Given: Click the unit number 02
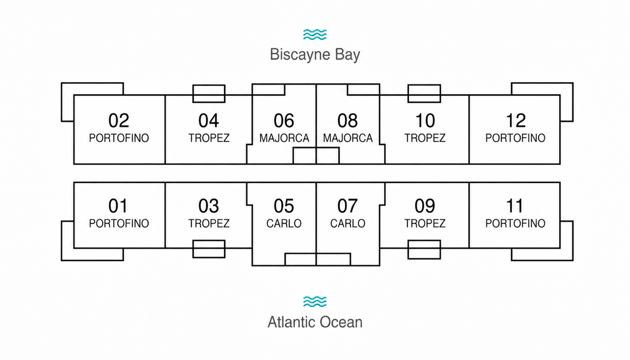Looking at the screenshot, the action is coord(119,121).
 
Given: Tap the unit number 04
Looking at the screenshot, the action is coord(209,121).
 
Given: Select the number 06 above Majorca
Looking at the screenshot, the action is coord(284,121).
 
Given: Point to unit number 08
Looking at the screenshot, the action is coord(347,121).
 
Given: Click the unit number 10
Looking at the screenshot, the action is coord(425,121).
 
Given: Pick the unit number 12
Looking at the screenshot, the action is coord(515,121).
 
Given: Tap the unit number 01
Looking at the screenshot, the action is coord(118,206).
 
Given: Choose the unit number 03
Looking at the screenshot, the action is coord(209,206).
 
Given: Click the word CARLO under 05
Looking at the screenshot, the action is coord(284,224).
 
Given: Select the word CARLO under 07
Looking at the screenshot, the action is coord(347,224).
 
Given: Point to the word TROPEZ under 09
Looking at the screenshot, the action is coord(425,224).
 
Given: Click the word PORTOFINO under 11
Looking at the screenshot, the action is coord(515,224).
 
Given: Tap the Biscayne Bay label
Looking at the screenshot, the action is coord(315,55).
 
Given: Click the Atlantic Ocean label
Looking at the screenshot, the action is coord(315,322).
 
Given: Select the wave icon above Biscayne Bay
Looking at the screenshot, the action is coord(315,34).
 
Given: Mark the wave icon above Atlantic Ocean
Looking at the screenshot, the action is coord(315,301).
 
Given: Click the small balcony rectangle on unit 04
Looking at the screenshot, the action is coord(209,85).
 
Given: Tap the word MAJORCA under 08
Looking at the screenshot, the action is coord(347,138).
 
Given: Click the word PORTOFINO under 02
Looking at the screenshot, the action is coord(119,138).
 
